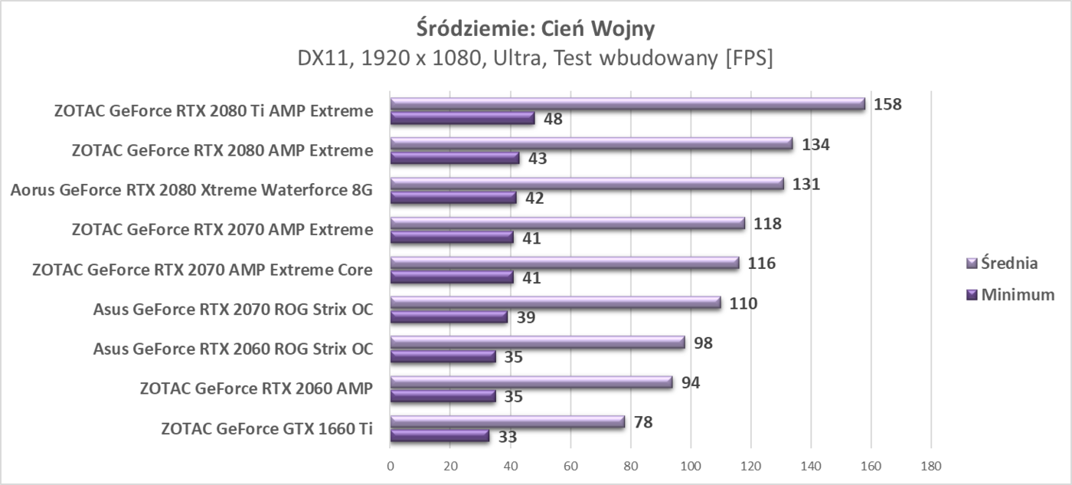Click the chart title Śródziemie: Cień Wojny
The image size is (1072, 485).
pos(535,28)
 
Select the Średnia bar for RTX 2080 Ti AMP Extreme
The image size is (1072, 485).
pos(627,104)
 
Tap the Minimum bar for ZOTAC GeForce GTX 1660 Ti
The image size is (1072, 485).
pos(440,436)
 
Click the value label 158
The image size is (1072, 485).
pos(888,104)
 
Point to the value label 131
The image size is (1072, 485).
pos(806,184)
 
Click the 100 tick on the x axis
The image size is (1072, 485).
pos(691,465)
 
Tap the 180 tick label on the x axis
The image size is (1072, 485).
pos(930,465)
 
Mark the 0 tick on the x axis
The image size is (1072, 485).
pos(391,465)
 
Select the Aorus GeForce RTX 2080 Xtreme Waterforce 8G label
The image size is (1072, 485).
pos(191,190)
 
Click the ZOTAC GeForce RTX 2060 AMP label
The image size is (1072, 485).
pos(257,388)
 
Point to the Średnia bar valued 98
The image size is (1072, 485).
pos(538,342)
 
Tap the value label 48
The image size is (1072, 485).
pos(553,119)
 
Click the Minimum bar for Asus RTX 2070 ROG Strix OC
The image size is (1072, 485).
pos(449,317)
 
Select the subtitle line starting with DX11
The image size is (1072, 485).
pos(535,58)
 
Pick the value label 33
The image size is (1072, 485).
pos(508,437)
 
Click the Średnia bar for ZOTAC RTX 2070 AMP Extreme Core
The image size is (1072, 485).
pos(564,263)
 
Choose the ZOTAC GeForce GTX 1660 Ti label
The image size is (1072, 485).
pos(267,428)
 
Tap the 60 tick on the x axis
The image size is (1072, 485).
pos(570,465)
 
